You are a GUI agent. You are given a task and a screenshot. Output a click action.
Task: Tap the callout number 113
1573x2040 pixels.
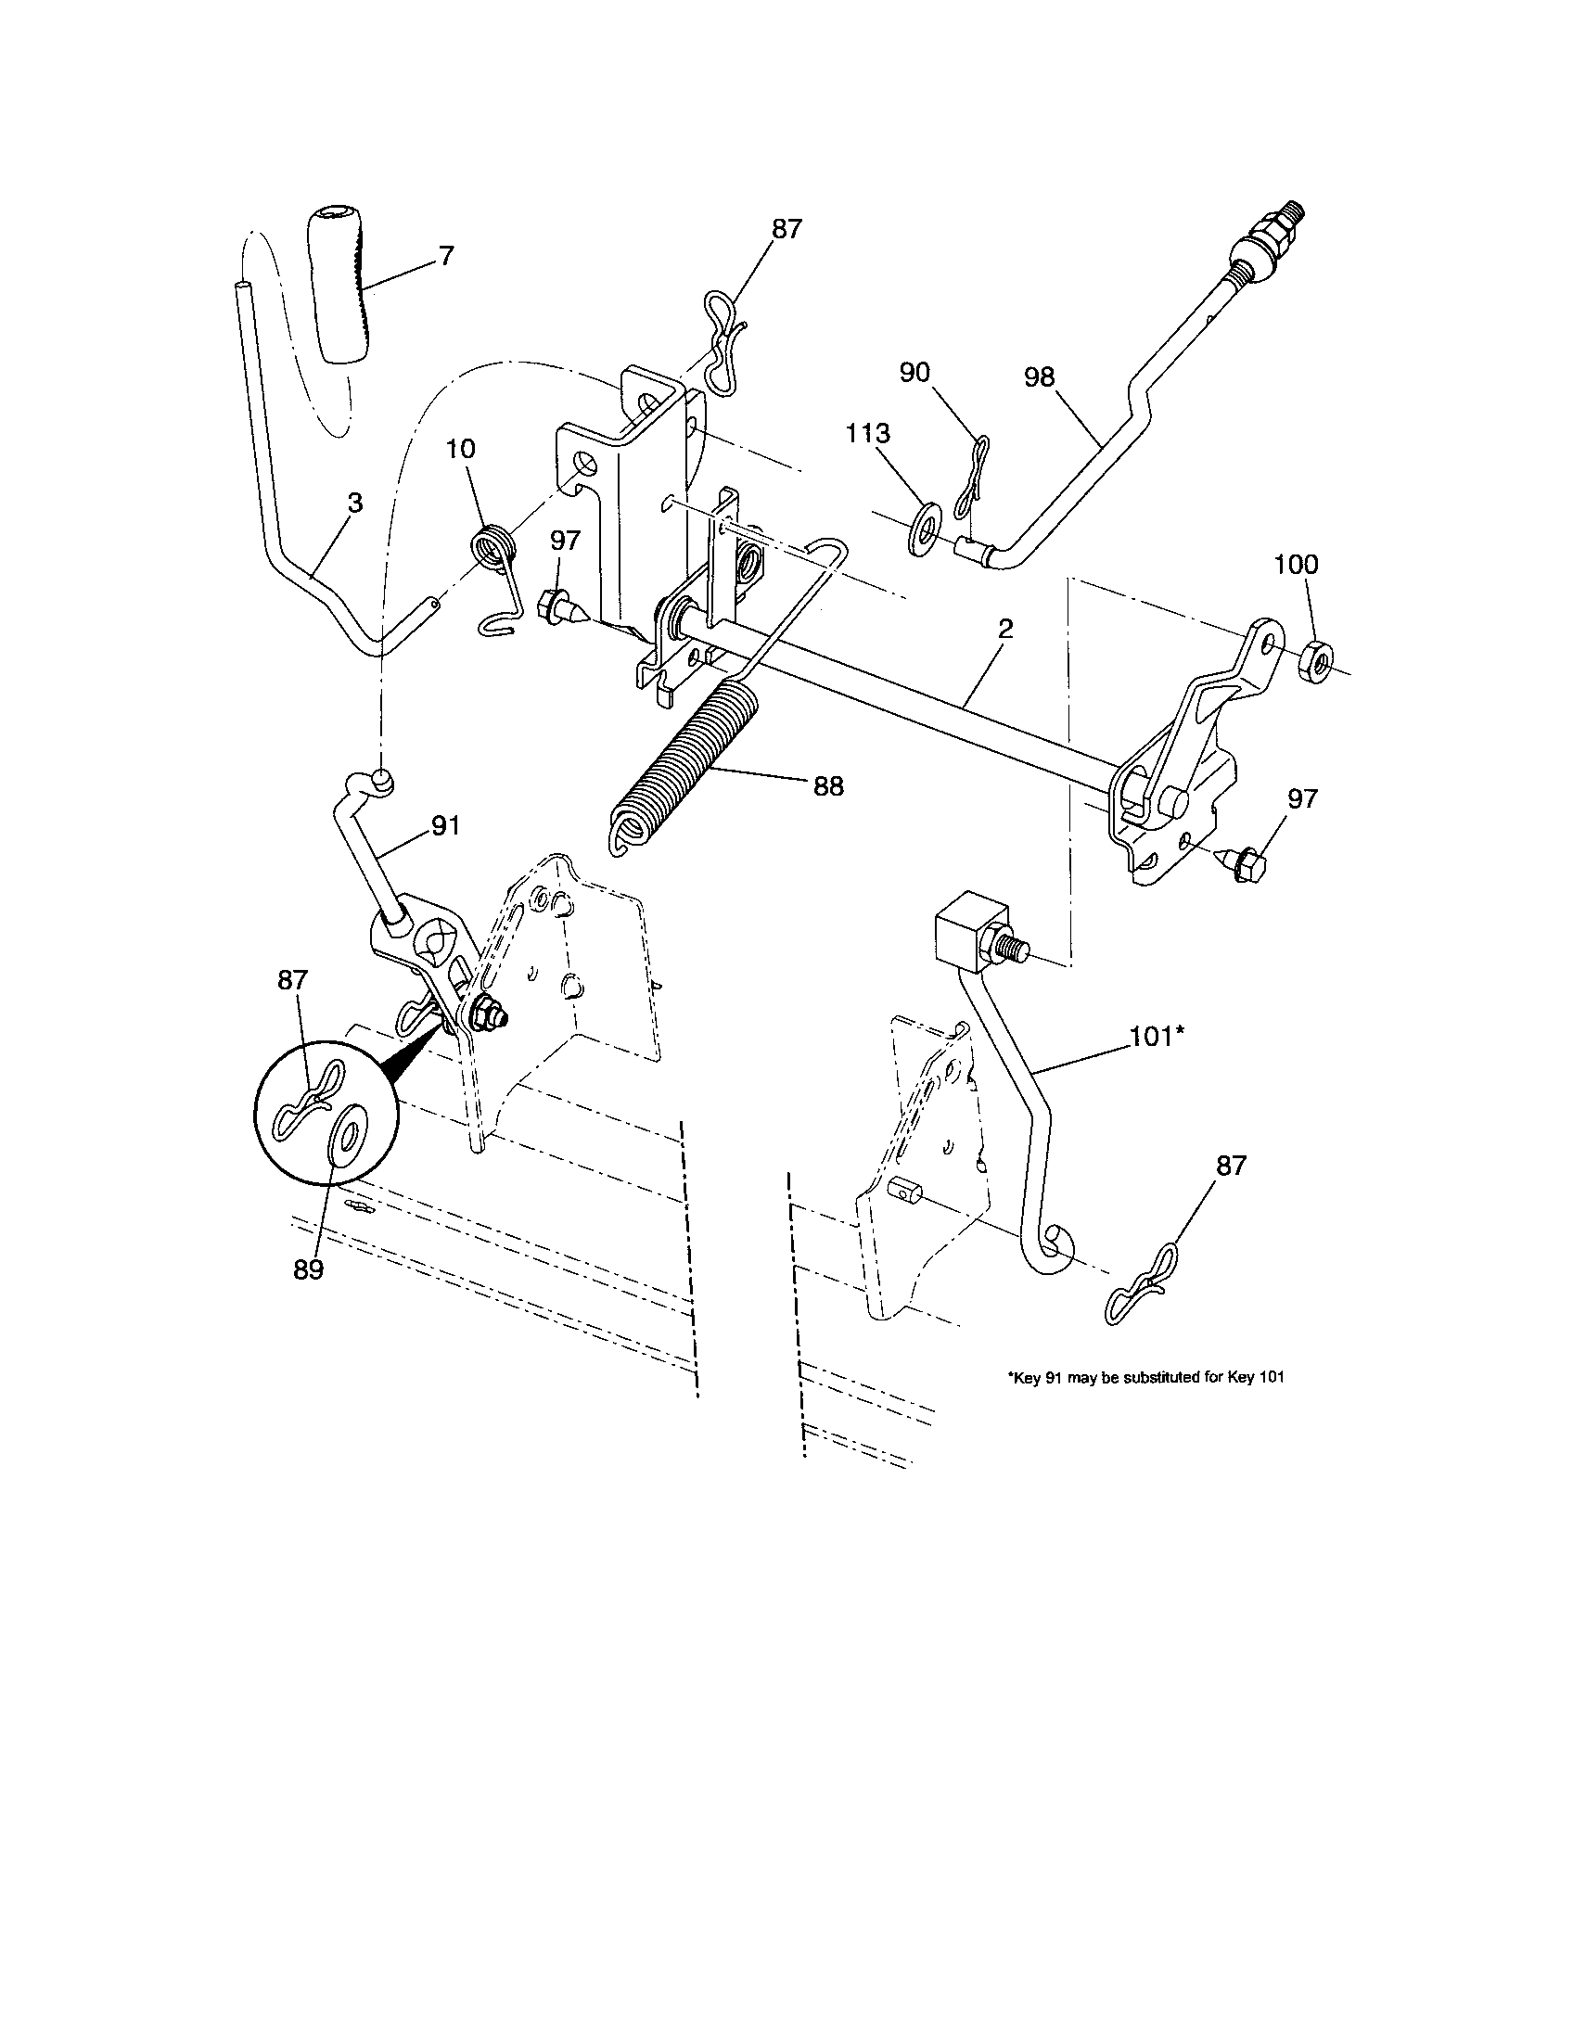click(868, 433)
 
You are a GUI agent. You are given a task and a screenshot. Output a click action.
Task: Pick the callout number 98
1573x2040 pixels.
click(1039, 376)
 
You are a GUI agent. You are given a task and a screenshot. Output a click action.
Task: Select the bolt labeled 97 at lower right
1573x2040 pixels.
click(1241, 861)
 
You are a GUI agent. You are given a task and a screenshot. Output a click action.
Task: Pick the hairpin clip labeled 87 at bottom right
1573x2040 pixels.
click(1143, 1288)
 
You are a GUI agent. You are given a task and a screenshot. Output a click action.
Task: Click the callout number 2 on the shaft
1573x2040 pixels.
click(1004, 628)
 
